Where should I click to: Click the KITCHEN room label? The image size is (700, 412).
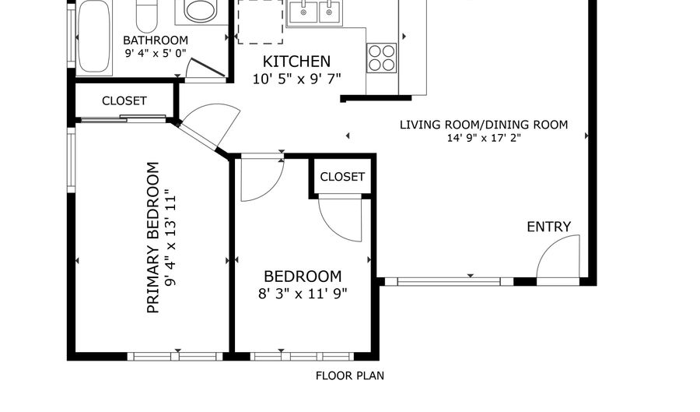[296, 62]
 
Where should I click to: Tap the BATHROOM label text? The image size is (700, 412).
[156, 40]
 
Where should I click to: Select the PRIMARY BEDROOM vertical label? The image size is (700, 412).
[152, 238]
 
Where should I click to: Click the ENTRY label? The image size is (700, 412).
[548, 227]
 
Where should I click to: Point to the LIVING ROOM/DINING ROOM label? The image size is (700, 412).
[484, 125]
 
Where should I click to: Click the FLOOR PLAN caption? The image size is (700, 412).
[349, 376]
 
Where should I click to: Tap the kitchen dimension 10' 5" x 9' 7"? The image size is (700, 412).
[296, 79]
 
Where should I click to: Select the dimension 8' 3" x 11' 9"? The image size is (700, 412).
[303, 294]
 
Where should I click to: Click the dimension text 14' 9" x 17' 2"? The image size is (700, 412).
[484, 138]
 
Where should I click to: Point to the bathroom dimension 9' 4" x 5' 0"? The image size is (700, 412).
[156, 53]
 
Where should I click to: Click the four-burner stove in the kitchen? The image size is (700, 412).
[382, 58]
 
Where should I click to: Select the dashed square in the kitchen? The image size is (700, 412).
[261, 22]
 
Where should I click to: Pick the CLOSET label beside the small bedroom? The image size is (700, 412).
[342, 177]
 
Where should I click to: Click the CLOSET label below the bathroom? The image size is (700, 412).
[124, 101]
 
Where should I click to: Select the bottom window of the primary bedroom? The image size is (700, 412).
[175, 356]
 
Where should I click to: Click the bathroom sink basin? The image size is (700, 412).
[201, 10]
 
